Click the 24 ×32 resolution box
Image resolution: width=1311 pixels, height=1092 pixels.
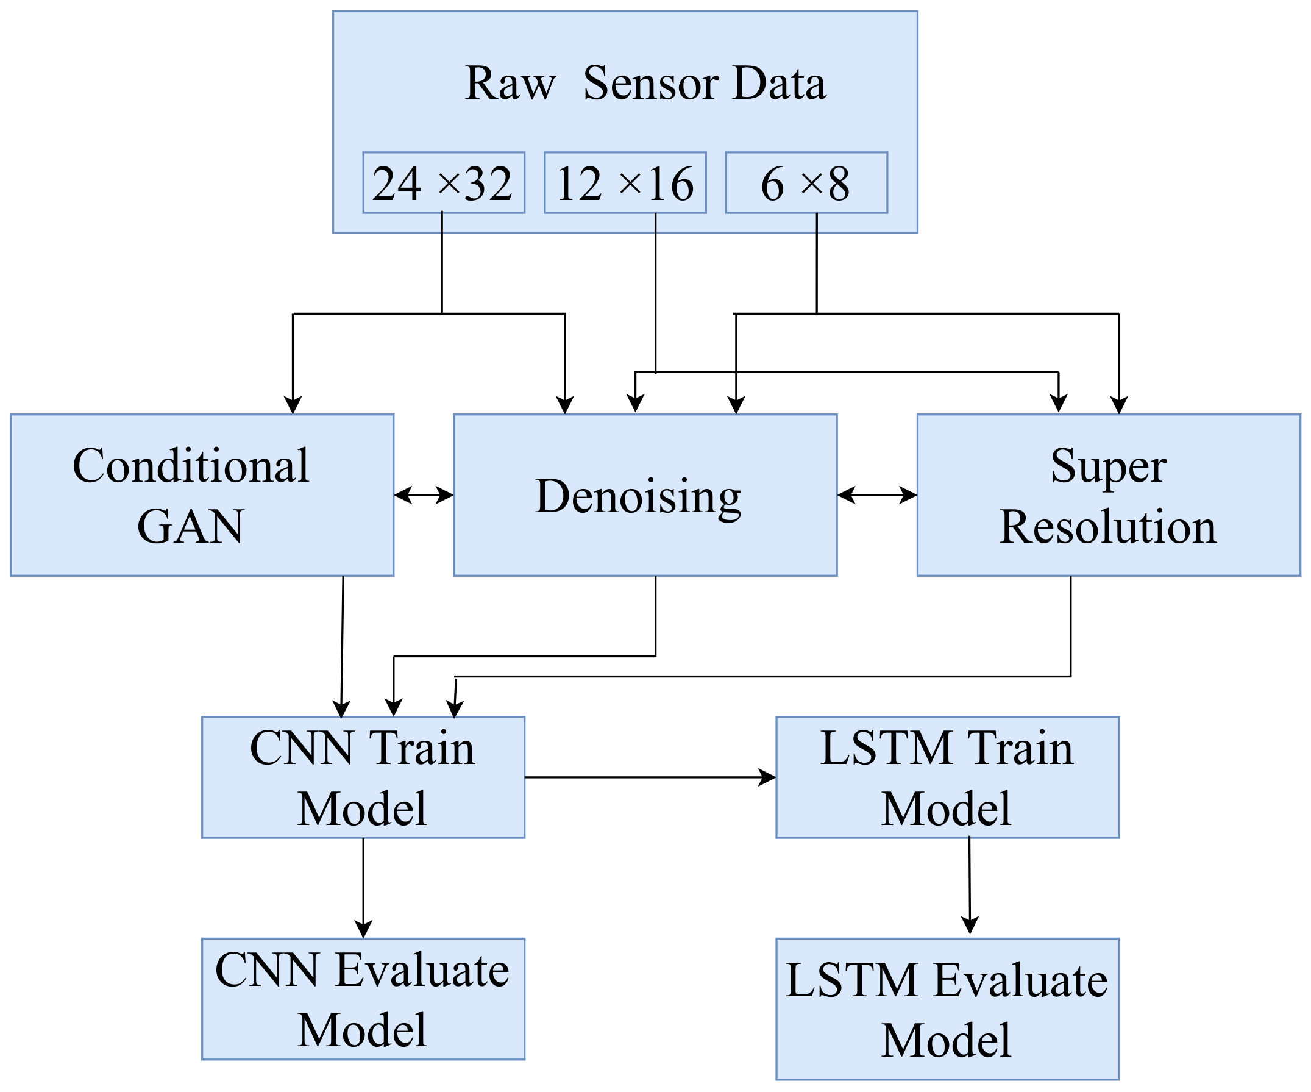[x=443, y=183]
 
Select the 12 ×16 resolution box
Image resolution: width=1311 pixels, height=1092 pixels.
[x=625, y=183]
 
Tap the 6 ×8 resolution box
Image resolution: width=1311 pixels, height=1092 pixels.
[x=806, y=183]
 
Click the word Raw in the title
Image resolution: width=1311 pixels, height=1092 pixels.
[x=510, y=83]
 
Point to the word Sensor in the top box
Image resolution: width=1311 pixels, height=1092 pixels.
[x=650, y=83]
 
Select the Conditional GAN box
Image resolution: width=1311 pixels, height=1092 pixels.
[x=202, y=495]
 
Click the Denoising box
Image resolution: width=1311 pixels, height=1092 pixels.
[x=645, y=495]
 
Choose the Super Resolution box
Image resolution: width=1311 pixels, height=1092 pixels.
[x=1109, y=495]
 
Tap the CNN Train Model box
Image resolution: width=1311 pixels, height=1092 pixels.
[x=363, y=777]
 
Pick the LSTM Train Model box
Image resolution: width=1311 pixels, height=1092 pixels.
[x=947, y=777]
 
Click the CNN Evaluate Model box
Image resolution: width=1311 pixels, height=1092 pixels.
[x=363, y=999]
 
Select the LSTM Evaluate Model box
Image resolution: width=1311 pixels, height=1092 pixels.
[x=947, y=1010]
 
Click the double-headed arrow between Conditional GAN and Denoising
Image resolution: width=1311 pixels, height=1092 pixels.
[x=423, y=495]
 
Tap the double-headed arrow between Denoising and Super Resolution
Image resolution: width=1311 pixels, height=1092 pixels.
[x=876, y=495]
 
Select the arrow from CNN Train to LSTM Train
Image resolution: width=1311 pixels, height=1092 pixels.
[x=649, y=777]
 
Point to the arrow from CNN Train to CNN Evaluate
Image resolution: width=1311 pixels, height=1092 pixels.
[x=363, y=887]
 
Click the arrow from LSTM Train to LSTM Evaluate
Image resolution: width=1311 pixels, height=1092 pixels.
[x=970, y=885]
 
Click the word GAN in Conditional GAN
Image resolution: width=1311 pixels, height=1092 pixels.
[x=190, y=526]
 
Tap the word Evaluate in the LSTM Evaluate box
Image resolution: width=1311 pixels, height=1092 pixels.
[x=1020, y=980]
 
